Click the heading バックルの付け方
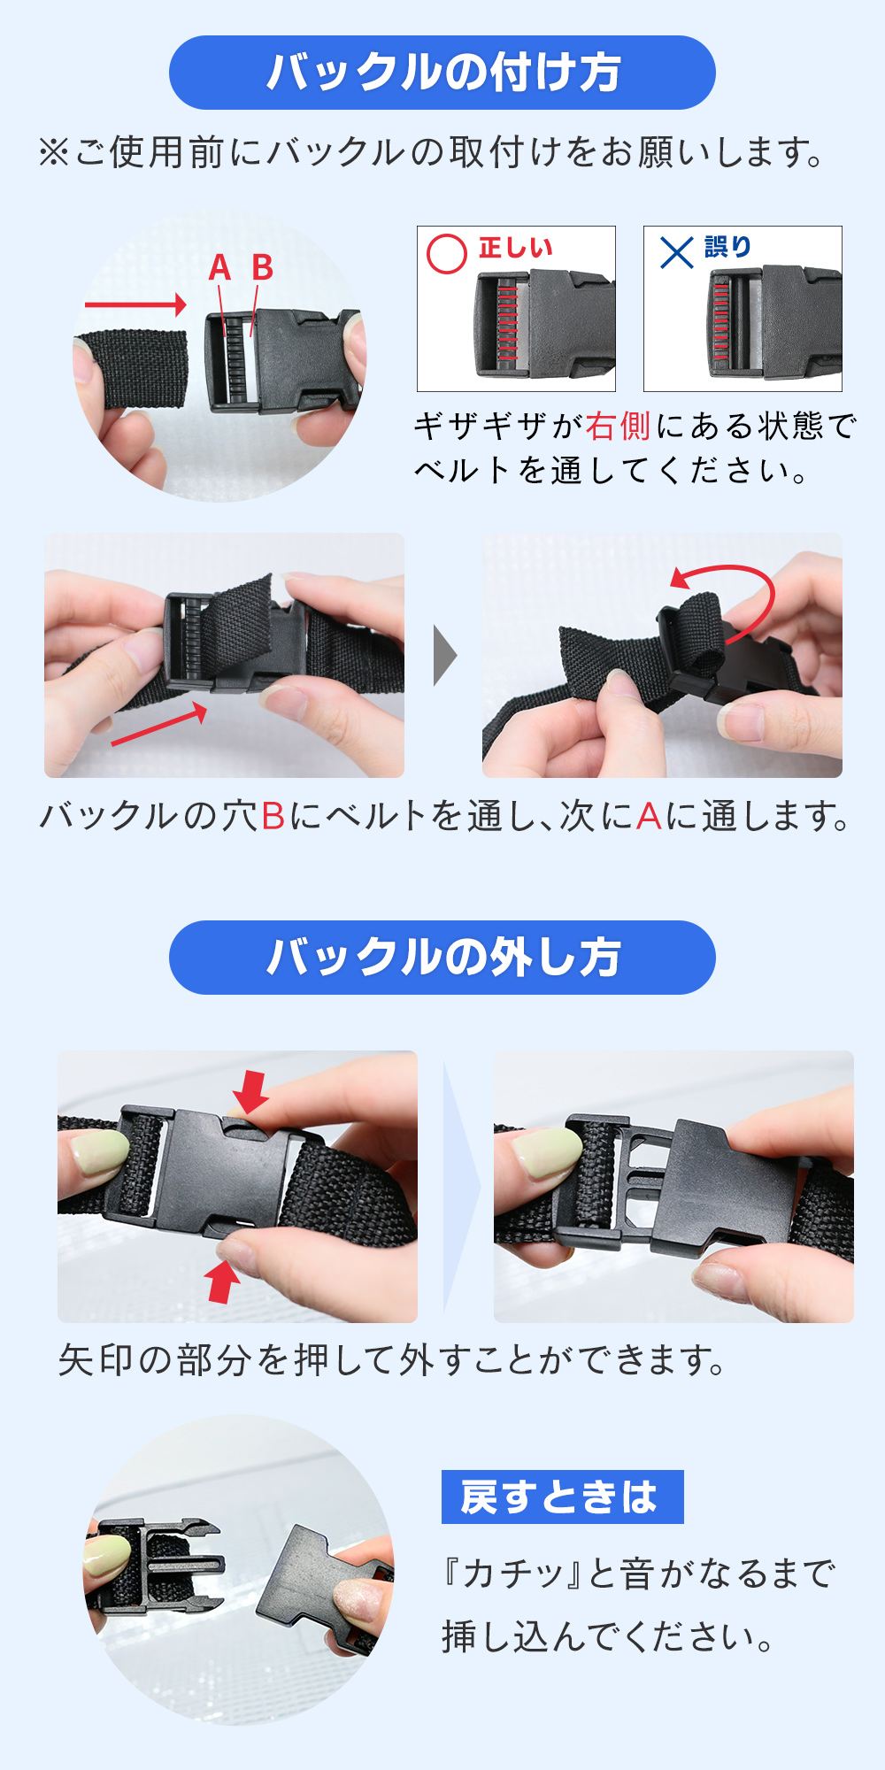point(442,73)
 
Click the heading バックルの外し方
point(442,958)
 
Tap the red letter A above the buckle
point(219,267)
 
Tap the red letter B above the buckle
point(262,267)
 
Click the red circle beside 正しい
point(447,254)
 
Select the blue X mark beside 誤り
point(677,253)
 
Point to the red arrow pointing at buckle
point(135,304)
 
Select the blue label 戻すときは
point(562,1497)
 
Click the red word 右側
point(618,427)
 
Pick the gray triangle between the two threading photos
point(444,656)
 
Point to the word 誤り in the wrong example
point(727,247)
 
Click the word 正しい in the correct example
point(515,247)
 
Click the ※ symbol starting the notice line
point(53,153)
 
